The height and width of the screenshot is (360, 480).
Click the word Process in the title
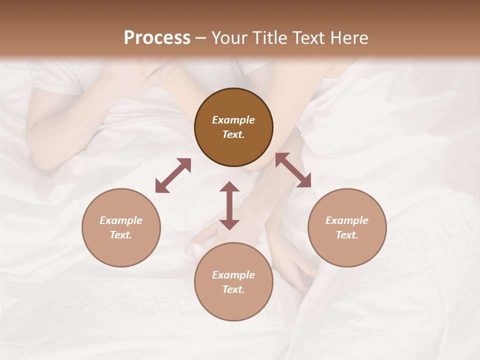pos(157,38)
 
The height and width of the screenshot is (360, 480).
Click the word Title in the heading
pos(269,38)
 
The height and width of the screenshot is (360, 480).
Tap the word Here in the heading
pos(349,38)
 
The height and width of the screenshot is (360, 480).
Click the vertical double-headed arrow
pos(229,205)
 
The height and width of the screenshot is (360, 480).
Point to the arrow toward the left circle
pos(173,175)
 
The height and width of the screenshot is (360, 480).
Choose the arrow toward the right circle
pos(293,170)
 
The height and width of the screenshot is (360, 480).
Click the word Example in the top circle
pos(233,120)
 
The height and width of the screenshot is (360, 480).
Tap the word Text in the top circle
pos(233,135)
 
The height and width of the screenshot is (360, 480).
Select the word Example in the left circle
pos(121,220)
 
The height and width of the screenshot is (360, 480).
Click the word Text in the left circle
pos(121,235)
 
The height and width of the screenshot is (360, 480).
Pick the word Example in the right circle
pos(347,220)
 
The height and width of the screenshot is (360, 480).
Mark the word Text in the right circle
pos(347,235)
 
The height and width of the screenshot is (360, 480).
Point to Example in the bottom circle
pos(233,275)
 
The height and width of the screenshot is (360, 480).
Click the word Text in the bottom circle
pos(233,289)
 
